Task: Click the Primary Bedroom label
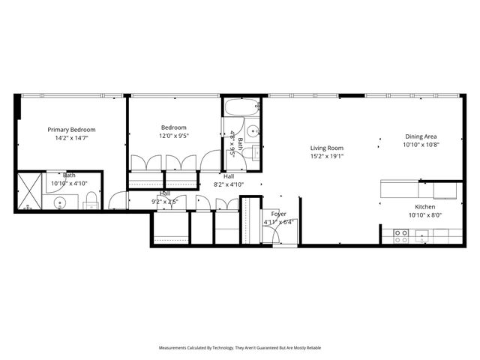71,129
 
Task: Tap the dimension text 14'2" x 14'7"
71,138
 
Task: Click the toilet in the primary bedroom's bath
91,200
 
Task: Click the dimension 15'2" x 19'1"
327,157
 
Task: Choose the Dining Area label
421,136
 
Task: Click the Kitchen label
425,207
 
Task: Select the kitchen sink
422,236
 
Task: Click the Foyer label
278,214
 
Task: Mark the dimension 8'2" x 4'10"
229,184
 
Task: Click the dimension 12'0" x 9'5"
173,136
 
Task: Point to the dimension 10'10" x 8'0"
425,215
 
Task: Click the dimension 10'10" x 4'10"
70,183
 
